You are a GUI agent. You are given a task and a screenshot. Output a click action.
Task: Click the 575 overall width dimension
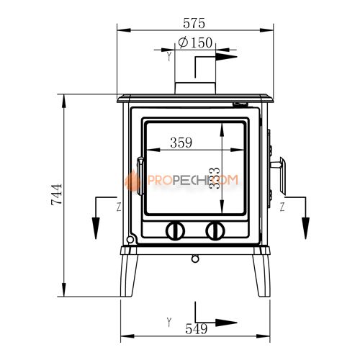(194, 23)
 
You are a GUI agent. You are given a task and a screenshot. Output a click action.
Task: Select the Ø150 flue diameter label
(195, 42)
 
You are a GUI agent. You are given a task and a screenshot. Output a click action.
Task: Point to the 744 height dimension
(57, 194)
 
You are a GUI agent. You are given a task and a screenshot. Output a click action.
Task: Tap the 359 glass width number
(181, 143)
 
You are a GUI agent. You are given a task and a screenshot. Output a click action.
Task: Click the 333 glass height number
(215, 178)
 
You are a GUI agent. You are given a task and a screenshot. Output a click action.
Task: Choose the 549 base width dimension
(197, 329)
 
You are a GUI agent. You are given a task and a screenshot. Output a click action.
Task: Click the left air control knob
(175, 231)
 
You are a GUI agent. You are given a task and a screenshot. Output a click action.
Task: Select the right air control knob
(215, 231)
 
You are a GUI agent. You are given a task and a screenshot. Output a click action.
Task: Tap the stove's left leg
(129, 276)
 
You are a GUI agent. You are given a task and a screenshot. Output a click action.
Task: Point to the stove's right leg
(261, 276)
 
